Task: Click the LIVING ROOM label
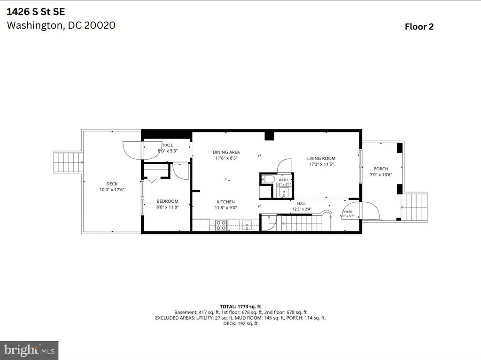click(321, 158)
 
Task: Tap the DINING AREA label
click(226, 152)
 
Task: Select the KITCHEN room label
click(226, 202)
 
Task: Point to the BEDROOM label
click(168, 201)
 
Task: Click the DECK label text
click(112, 184)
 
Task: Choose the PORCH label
click(381, 169)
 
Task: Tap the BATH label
click(283, 180)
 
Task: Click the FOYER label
click(347, 212)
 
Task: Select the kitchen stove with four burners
click(221, 225)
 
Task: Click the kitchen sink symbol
click(247, 225)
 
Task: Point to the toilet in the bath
click(267, 179)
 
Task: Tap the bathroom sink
click(284, 192)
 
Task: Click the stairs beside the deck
click(68, 162)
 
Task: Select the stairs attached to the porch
click(414, 207)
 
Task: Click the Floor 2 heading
click(419, 27)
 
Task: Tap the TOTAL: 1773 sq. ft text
click(240, 306)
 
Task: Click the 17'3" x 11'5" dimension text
click(321, 164)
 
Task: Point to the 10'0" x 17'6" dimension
click(112, 190)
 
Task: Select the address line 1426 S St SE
click(36, 12)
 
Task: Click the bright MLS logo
click(29, 350)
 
